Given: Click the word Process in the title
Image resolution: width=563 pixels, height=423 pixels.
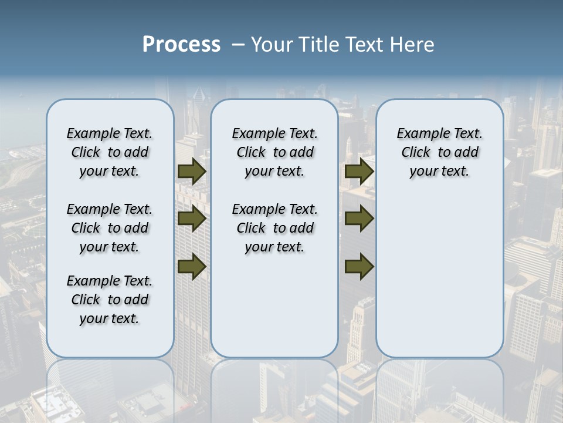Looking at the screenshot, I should (x=181, y=45).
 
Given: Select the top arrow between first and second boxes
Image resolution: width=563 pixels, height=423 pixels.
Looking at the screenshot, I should (x=192, y=171).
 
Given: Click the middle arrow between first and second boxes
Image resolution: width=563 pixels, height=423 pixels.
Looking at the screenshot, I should (x=192, y=219).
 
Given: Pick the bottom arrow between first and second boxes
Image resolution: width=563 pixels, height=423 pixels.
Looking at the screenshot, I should (x=192, y=266).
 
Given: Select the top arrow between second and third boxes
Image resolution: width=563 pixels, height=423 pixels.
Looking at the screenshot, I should (x=359, y=171).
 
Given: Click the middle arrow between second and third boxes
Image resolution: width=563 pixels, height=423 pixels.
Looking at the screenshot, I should (x=359, y=219).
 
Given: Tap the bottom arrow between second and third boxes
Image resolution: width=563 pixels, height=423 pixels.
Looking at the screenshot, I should (x=359, y=266).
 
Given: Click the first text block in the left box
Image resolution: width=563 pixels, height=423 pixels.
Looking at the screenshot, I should (x=110, y=152).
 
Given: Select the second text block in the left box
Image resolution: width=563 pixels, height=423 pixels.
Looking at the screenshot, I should (x=110, y=228).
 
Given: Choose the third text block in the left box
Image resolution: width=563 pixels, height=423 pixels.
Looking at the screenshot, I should (x=110, y=300).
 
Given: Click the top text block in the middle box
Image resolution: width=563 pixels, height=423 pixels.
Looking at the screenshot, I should (x=274, y=152).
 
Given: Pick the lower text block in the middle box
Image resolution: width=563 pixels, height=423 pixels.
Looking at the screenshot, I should (x=274, y=228).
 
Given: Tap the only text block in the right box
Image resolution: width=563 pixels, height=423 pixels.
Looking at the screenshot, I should (x=439, y=152).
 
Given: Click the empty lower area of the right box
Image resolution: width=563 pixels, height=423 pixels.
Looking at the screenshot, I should (x=439, y=276).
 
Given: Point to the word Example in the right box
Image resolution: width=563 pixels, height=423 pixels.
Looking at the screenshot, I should (x=418, y=134).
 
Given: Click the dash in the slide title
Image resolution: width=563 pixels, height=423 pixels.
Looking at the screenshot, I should (x=238, y=45).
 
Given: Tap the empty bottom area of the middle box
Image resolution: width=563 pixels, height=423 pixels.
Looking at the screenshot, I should (x=274, y=311).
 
